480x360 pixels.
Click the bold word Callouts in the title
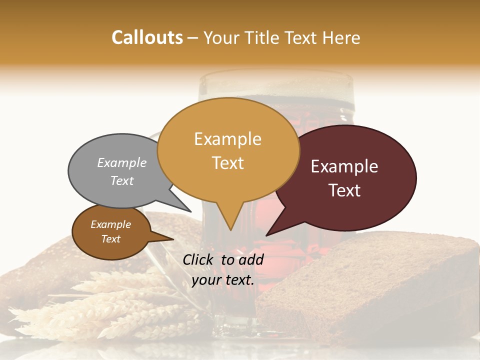(x=147, y=37)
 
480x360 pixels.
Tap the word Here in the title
(x=342, y=37)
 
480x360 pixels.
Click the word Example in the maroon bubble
(x=344, y=166)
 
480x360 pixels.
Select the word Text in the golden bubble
(x=228, y=163)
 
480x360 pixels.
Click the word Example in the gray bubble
(x=121, y=162)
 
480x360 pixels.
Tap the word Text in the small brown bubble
(x=110, y=239)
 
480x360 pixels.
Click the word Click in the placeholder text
(x=199, y=259)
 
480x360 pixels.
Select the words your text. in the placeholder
(x=223, y=280)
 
